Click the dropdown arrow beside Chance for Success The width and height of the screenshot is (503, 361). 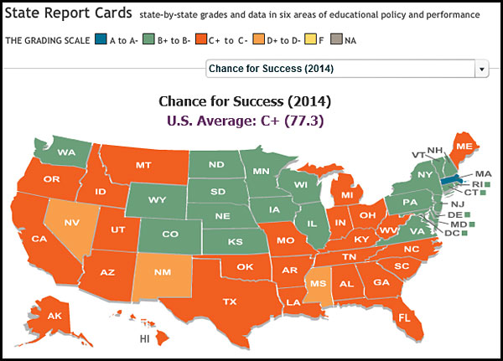(x=481, y=69)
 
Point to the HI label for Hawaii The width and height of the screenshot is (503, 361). (x=146, y=339)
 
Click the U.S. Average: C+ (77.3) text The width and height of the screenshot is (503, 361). (x=245, y=120)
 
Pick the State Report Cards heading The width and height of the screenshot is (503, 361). (x=67, y=14)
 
